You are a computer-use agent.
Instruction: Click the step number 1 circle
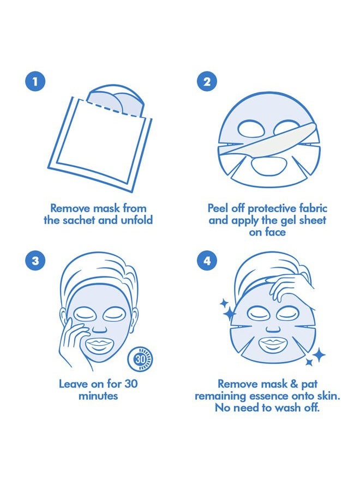click(x=35, y=82)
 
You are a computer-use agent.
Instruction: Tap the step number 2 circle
click(x=207, y=82)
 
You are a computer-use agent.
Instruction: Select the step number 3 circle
click(x=35, y=260)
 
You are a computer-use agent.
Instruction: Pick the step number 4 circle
click(x=207, y=260)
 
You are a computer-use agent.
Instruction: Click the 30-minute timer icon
click(x=141, y=359)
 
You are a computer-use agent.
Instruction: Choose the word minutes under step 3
click(x=98, y=396)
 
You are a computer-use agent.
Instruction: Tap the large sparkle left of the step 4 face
click(x=229, y=313)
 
